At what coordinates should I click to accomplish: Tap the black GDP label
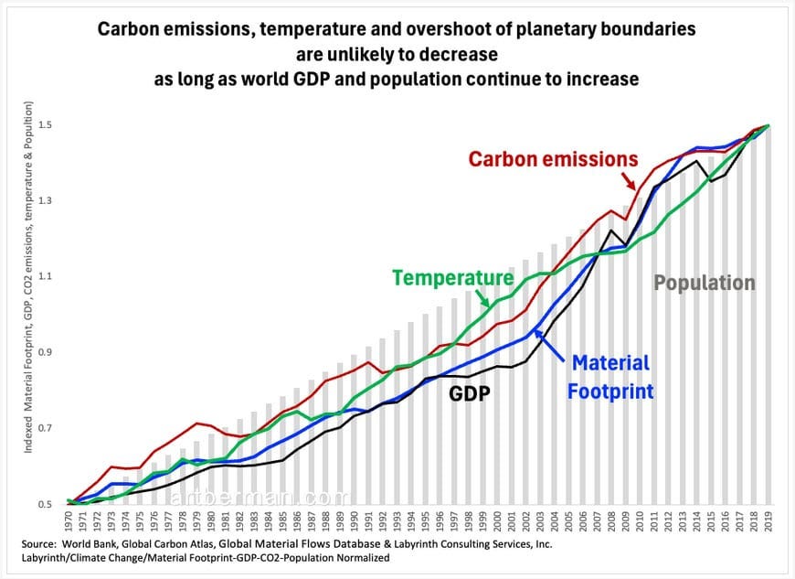(x=469, y=393)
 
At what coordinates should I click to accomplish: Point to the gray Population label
(x=704, y=283)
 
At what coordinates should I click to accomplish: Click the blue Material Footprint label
(x=609, y=378)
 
